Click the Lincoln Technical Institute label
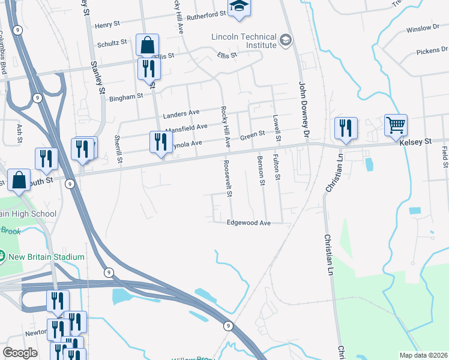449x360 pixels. (x=244, y=41)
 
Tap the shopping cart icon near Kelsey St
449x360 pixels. (x=396, y=126)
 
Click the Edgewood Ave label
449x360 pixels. (x=249, y=223)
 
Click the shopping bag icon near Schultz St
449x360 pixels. (x=147, y=46)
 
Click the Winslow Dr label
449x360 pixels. (x=423, y=28)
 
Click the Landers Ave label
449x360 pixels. (x=181, y=113)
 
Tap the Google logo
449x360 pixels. (x=20, y=353)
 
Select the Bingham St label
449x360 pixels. (x=126, y=95)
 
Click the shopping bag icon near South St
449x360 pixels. (x=19, y=181)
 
